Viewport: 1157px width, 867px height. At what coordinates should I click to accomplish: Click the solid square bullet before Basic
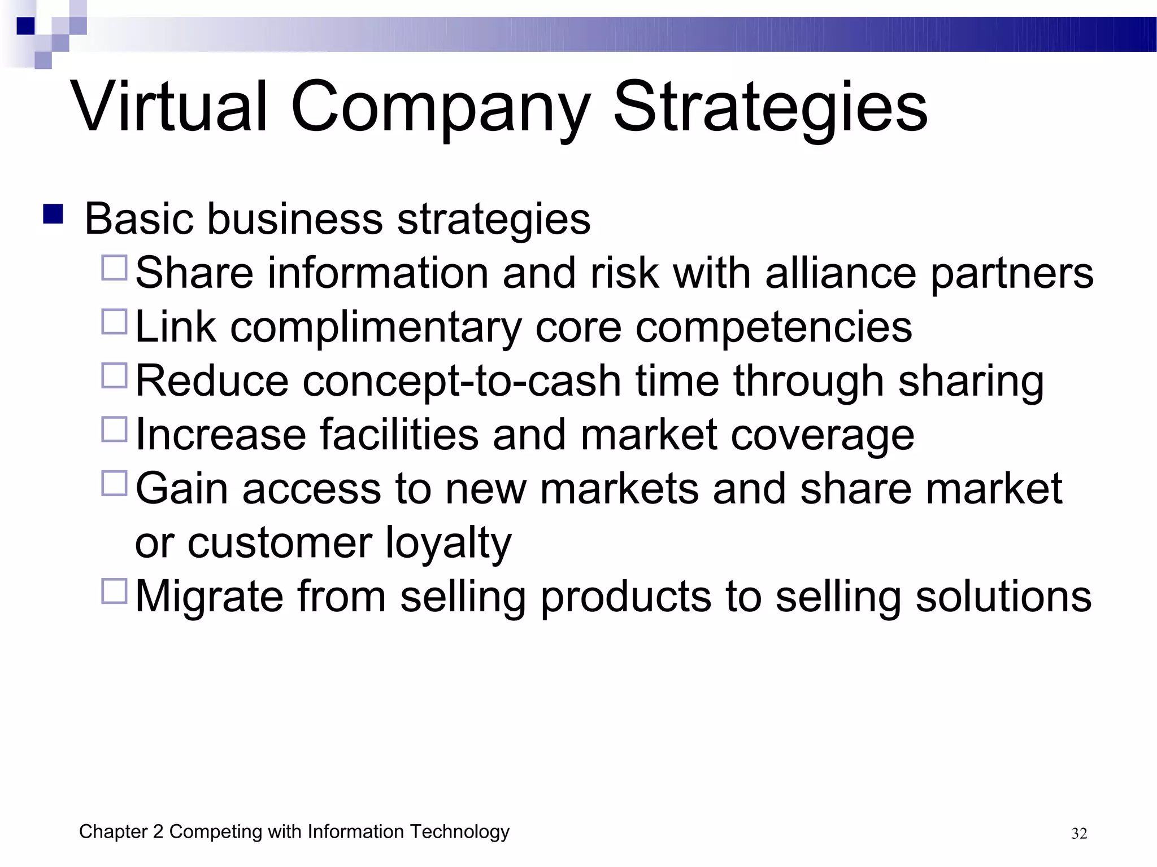coord(53,214)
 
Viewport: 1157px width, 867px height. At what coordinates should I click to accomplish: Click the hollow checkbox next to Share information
coord(114,268)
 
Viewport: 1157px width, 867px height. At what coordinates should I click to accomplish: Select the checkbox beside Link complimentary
coord(114,322)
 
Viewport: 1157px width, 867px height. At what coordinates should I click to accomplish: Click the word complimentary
coord(376,327)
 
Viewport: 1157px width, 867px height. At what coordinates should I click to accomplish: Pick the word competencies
coord(773,327)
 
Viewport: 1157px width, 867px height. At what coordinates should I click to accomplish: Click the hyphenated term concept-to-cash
coord(462,381)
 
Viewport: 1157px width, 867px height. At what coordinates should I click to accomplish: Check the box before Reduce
coord(114,375)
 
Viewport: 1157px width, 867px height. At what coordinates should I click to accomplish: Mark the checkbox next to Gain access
coord(114,484)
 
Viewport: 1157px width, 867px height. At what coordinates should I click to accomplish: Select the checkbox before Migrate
coord(114,591)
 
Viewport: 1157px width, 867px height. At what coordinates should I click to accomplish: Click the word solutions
coord(1003,597)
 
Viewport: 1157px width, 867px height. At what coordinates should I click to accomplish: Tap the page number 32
coord(1079,834)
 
